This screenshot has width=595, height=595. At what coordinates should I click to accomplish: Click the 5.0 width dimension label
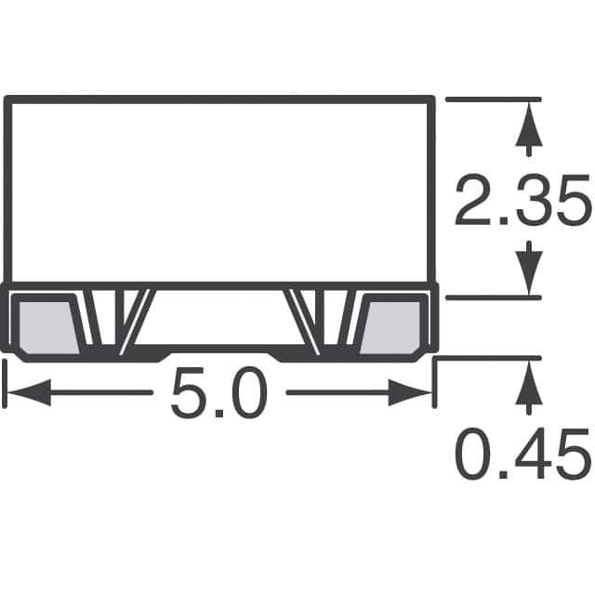[x=219, y=394]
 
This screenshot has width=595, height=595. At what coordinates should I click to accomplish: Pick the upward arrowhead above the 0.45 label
[x=530, y=384]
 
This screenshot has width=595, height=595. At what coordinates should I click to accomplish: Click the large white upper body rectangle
[x=219, y=191]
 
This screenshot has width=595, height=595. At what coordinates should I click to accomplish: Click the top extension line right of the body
[x=493, y=99]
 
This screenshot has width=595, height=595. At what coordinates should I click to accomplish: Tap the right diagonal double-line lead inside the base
[x=306, y=321]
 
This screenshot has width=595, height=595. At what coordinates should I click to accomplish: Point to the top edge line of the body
[x=219, y=98]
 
